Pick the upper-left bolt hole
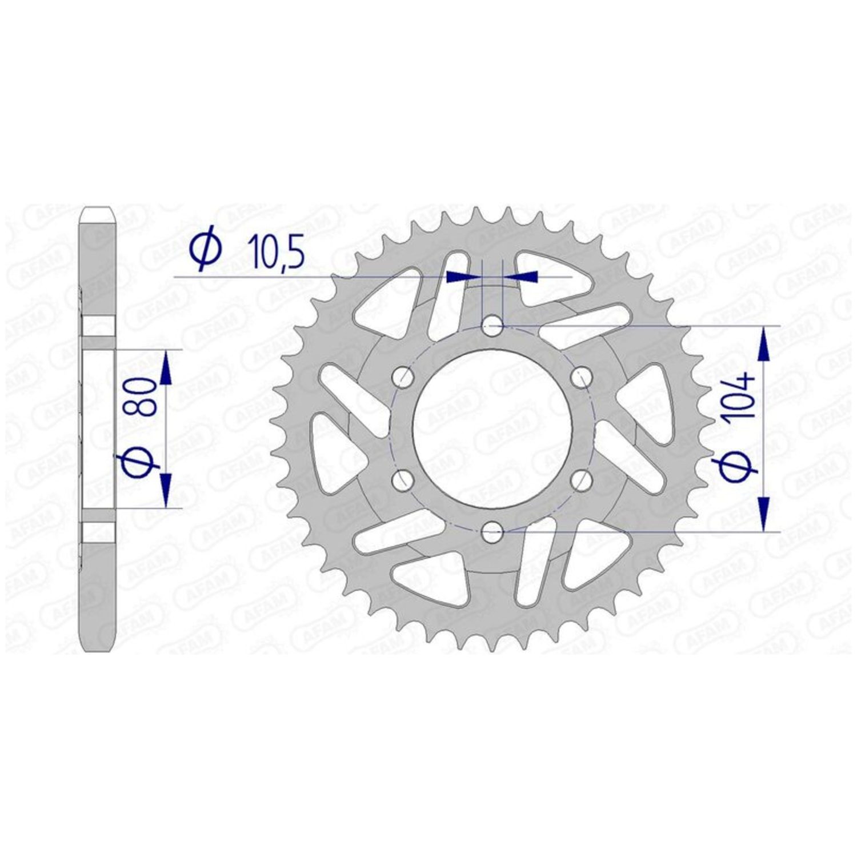coord(404,378)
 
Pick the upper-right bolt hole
coord(580,378)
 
